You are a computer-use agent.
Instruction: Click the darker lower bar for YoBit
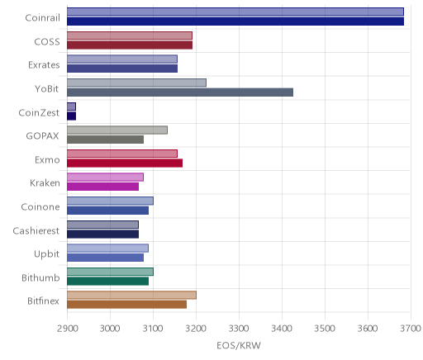[180, 92]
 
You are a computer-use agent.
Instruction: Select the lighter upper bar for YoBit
[136, 83]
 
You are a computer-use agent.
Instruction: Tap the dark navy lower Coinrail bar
[235, 21]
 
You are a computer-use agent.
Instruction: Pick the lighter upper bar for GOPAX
[117, 130]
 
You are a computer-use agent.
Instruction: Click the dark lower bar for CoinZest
[72, 116]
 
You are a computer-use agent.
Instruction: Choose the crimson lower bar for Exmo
[125, 163]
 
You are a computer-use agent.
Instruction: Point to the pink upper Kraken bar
[105, 178]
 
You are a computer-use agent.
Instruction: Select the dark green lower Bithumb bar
[108, 282]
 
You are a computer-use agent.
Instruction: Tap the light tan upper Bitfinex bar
[131, 295]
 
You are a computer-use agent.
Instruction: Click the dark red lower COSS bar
[130, 45]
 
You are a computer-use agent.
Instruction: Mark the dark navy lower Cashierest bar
[103, 234]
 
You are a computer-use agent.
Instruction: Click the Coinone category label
[40, 207]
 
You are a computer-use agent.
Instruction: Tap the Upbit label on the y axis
[46, 254]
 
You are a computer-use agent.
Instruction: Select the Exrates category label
[44, 65]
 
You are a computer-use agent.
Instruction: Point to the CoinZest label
[39, 112]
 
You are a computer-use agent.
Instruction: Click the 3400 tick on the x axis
[282, 329]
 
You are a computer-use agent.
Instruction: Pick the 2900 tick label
[68, 329]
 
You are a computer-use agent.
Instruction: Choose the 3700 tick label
[411, 329]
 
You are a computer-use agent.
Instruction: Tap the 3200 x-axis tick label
[196, 329]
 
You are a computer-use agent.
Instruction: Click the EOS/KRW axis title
[239, 346]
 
